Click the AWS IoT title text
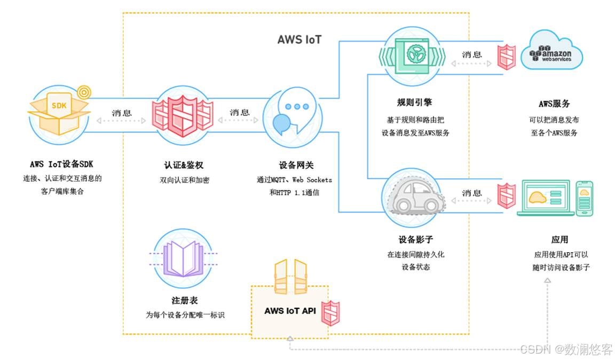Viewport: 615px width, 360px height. [x=299, y=40]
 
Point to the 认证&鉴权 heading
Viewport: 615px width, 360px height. [x=183, y=165]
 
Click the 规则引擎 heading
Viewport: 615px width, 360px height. [x=414, y=102]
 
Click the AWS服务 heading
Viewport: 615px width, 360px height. [x=554, y=104]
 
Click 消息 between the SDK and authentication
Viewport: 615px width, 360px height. [x=122, y=113]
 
